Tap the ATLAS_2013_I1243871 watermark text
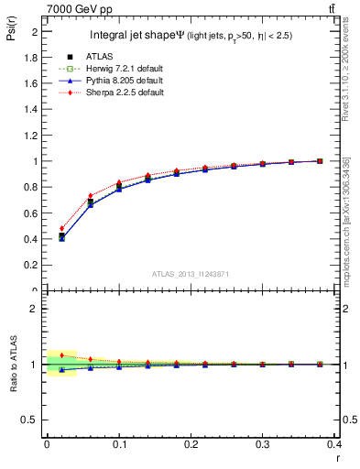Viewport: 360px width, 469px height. point(190,274)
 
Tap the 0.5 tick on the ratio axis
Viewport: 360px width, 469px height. point(30,420)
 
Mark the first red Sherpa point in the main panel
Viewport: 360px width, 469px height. point(61,229)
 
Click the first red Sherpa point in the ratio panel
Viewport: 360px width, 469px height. point(61,354)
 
